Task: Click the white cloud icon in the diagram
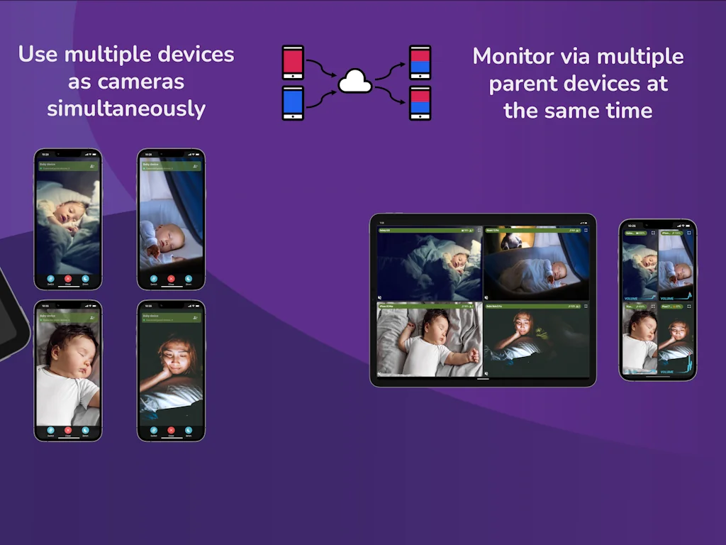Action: pyautogui.click(x=355, y=82)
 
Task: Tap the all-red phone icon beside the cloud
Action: pyautogui.click(x=293, y=62)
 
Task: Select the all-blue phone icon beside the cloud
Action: pyautogui.click(x=293, y=103)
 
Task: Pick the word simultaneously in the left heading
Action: pyautogui.click(x=126, y=109)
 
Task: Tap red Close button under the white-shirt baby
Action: pyautogui.click(x=68, y=430)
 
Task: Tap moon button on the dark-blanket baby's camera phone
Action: pyautogui.click(x=85, y=279)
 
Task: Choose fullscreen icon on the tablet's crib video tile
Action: pyautogui.click(x=586, y=231)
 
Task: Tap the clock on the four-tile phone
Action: pyautogui.click(x=632, y=226)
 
